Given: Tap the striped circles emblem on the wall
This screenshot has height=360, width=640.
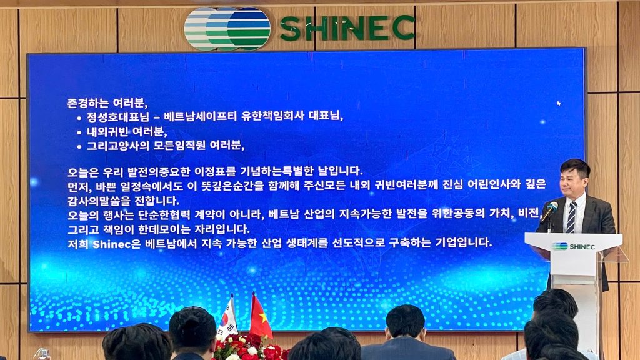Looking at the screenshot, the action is [x=227, y=29].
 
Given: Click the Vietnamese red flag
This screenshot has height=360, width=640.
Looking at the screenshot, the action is [x=260, y=316].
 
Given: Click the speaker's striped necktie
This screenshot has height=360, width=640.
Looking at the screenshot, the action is [x=571, y=217].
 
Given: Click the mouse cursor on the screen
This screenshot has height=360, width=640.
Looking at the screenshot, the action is [x=559, y=103].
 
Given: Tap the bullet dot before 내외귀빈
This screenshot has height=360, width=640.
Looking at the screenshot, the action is [x=79, y=132].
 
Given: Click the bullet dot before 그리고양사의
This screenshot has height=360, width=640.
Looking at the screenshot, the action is [x=79, y=147].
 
